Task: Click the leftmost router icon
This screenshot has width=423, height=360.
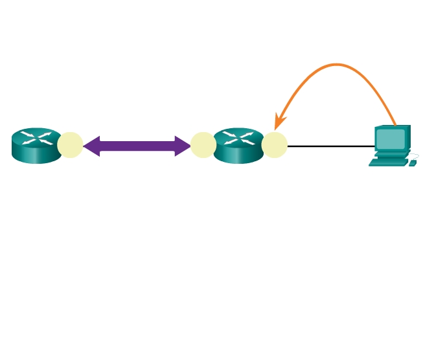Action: [36, 145]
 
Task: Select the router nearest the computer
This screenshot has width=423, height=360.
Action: [238, 145]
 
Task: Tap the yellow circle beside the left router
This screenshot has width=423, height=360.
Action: [70, 145]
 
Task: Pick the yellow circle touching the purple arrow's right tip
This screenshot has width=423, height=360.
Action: [203, 145]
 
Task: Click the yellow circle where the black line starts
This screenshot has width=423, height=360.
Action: [275, 145]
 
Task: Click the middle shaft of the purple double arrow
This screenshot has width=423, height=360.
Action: [137, 146]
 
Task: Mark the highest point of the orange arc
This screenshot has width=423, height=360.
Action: [337, 64]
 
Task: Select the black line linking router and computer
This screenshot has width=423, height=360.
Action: [330, 146]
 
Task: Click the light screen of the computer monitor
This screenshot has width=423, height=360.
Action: [391, 139]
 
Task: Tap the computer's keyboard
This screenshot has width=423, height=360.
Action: [388, 163]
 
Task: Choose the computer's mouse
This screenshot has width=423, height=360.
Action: [413, 163]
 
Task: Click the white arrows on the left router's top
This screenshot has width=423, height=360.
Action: [36, 137]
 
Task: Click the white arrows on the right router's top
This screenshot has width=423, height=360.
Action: [238, 137]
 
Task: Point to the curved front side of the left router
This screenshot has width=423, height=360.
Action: [36, 155]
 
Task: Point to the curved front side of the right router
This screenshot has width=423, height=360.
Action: [238, 155]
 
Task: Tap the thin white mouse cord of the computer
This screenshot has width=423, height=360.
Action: [415, 155]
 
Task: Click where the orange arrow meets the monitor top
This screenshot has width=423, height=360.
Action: [394, 124]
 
